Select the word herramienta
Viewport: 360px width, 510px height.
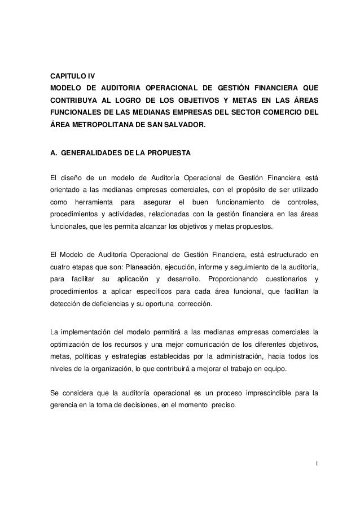point(91,202)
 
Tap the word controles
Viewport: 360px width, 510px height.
point(303,202)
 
